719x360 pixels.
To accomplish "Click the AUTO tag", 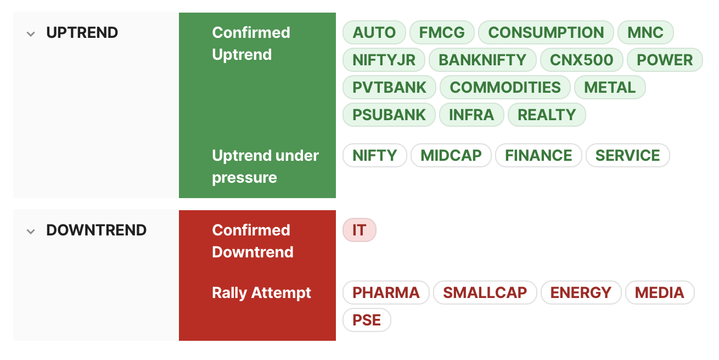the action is pos(374,32).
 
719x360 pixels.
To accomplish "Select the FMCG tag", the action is pos(442,32).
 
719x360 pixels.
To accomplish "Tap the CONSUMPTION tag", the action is pos(546,32).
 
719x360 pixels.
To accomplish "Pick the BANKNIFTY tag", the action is pos(482,60).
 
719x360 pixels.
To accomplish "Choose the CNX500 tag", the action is pos(582,60).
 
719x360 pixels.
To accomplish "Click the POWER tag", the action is pos(665,60).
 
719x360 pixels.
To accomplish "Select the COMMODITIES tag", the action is pos(505,87).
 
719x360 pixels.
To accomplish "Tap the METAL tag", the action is pos(610,87).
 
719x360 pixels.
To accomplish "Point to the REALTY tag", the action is pos(547,115).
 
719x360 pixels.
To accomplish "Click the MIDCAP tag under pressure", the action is pos(451,155).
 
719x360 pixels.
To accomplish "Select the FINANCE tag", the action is pos(538,155).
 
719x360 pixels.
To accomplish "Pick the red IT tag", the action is pos(359,230).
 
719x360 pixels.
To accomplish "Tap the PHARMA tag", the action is pos(386,292).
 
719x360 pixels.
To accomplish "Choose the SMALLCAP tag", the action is pos(485,292).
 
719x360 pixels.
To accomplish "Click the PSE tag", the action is pos(367,320).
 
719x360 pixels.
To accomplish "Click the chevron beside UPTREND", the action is pos(31,34).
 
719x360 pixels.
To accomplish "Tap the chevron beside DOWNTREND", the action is pos(31,232).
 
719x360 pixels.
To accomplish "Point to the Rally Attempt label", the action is pos(262,293).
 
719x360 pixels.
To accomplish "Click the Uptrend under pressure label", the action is pos(266,166).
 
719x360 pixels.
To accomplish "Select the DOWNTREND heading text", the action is pos(96,230).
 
